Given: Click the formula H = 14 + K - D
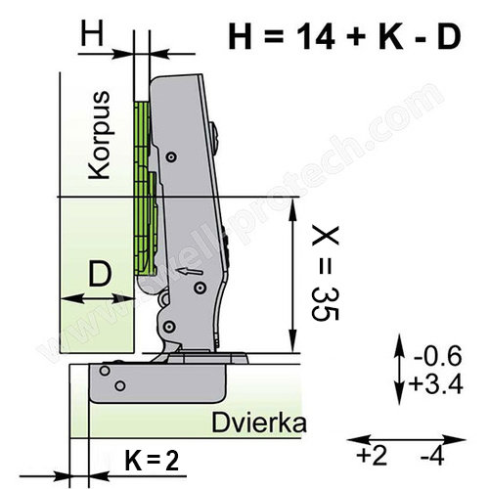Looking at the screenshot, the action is (x=345, y=36).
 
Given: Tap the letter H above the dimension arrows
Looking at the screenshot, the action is (x=92, y=33).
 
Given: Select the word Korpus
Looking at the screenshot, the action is (x=100, y=135).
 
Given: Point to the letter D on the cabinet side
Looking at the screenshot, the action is (x=100, y=274).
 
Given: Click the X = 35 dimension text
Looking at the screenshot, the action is (x=326, y=273).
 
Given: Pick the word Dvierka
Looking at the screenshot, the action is (x=259, y=422).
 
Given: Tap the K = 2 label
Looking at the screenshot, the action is (x=152, y=461).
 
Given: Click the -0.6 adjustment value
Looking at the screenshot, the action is (x=438, y=355).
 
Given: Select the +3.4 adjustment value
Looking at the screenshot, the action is (x=436, y=383).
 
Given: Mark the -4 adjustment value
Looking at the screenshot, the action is (x=432, y=456).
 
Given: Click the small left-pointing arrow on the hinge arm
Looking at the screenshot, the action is (x=189, y=271).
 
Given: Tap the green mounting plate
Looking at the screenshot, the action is (x=145, y=188).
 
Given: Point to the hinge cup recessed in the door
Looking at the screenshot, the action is (x=157, y=383).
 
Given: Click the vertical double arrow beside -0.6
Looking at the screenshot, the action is (x=399, y=369).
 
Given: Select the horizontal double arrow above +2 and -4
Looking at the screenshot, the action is (x=406, y=439).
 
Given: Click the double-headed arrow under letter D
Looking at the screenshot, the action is (x=98, y=298).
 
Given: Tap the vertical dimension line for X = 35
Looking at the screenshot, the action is (x=293, y=275).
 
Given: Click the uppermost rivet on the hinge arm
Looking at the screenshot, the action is (x=171, y=156).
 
